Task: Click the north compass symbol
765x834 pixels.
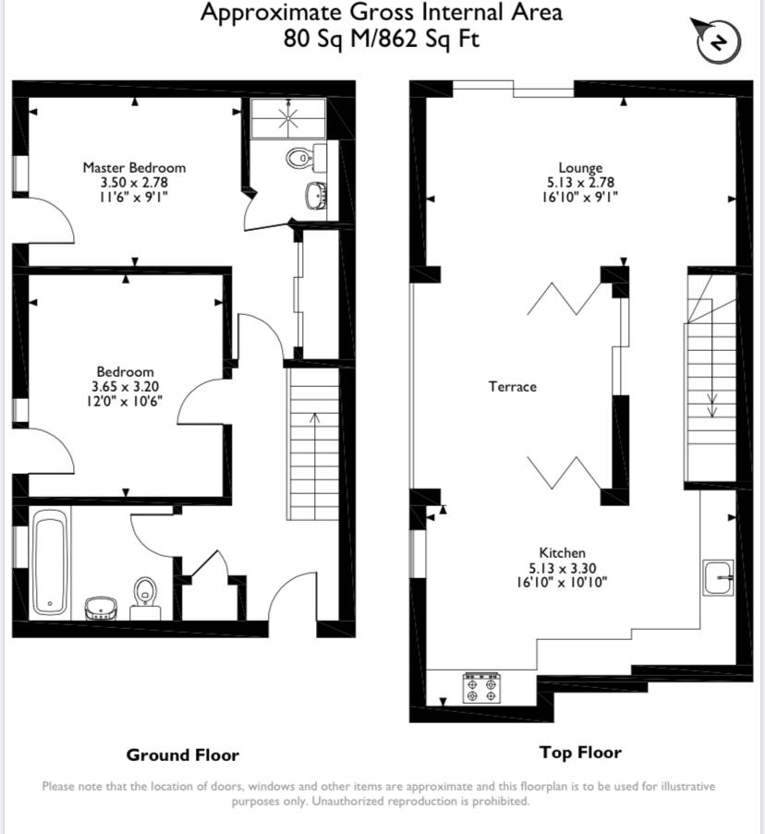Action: (718, 41)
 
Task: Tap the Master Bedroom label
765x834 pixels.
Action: (134, 167)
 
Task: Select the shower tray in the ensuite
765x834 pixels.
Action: (288, 118)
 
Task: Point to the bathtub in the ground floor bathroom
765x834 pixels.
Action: (50, 562)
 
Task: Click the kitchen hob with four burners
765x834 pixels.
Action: (482, 688)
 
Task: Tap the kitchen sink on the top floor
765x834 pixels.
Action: (718, 577)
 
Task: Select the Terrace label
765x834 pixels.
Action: (512, 387)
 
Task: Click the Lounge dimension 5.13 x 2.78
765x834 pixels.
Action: (580, 183)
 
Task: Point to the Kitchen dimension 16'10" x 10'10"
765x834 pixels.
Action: (562, 583)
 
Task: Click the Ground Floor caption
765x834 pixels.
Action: (182, 755)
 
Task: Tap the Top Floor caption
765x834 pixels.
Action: (580, 753)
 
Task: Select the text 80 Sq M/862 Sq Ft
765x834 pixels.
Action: (382, 38)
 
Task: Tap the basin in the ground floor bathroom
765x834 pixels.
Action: (101, 609)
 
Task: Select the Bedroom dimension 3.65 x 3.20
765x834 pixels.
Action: (126, 387)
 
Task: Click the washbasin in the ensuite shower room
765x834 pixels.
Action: (317, 195)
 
